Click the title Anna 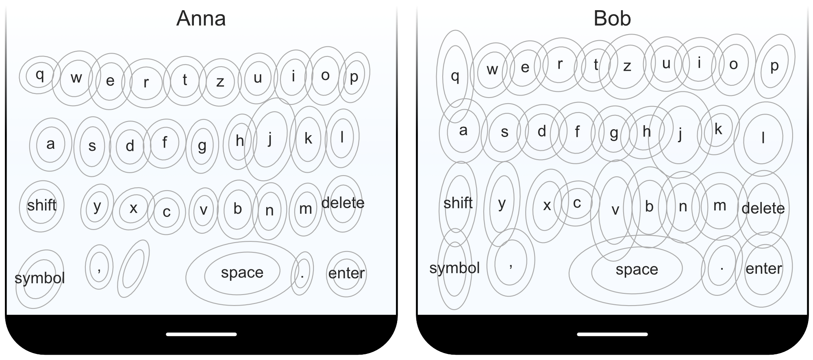pyautogui.click(x=201, y=19)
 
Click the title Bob pyautogui.click(x=612, y=19)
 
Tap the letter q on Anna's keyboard pyautogui.click(x=40, y=75)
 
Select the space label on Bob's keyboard pyautogui.click(x=637, y=270)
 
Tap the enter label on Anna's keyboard pyautogui.click(x=347, y=273)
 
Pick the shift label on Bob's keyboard pyautogui.click(x=458, y=203)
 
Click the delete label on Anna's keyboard pyautogui.click(x=343, y=203)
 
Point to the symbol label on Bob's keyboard pyautogui.click(x=454, y=269)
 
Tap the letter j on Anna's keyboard pyautogui.click(x=270, y=138)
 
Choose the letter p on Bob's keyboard pyautogui.click(x=774, y=66)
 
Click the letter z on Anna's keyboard pyautogui.click(x=220, y=82)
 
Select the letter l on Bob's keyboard pyautogui.click(x=763, y=138)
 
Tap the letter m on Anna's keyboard pyautogui.click(x=305, y=209)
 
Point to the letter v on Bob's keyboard pyautogui.click(x=615, y=210)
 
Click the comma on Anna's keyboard pyautogui.click(x=99, y=269)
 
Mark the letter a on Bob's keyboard pyautogui.click(x=463, y=130)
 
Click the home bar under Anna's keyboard pyautogui.click(x=201, y=334)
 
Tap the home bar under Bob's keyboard pyautogui.click(x=612, y=334)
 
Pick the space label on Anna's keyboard pyautogui.click(x=242, y=273)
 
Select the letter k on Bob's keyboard pyautogui.click(x=718, y=129)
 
